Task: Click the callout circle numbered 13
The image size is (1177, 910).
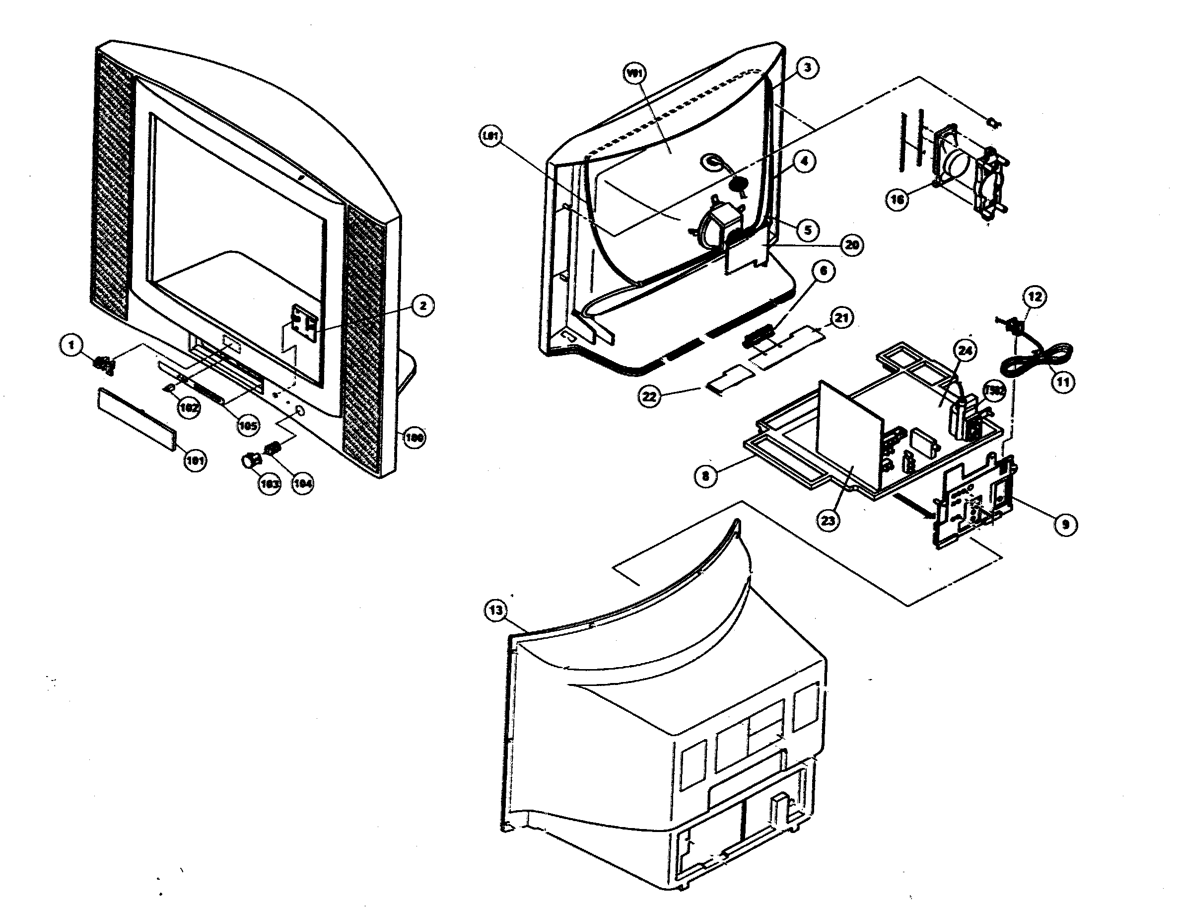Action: (x=496, y=610)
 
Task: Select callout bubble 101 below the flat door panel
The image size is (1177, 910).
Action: (x=195, y=460)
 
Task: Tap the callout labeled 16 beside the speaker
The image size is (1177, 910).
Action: (x=897, y=200)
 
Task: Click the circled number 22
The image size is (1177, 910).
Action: (x=649, y=397)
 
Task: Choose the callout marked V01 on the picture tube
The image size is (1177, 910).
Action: (x=634, y=74)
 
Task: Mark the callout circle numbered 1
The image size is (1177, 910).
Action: (x=71, y=345)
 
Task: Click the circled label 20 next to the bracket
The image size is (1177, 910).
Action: (x=851, y=245)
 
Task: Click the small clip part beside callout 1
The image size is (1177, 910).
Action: (x=105, y=365)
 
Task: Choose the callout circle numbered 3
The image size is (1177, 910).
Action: (x=807, y=68)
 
